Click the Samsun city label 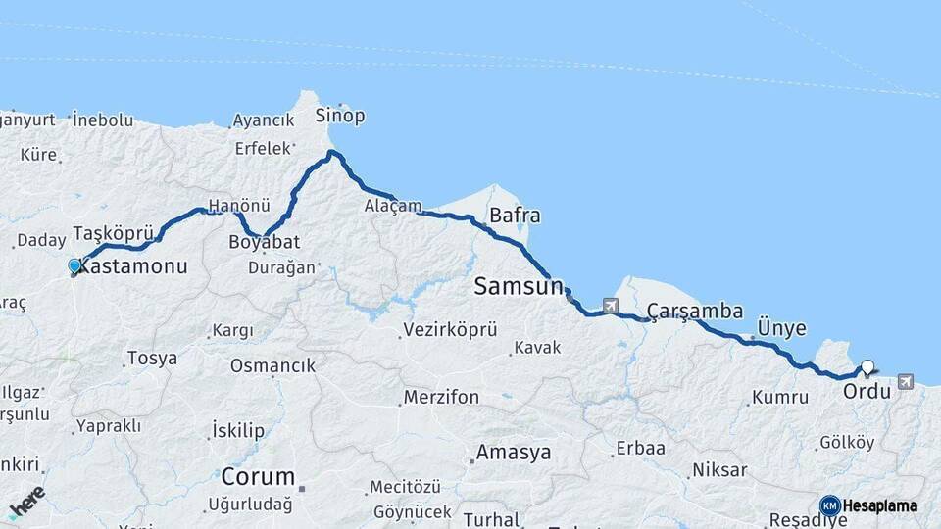pos(519,286)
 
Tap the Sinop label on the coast pos(339,116)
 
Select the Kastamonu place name pos(131,265)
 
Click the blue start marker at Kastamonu pos(74,264)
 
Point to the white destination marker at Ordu pos(867,367)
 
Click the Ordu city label pos(867,391)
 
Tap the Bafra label pos(515,215)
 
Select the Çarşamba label pos(695,312)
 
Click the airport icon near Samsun pos(612,306)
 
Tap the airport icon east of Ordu pos(904,381)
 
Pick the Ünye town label pos(782,328)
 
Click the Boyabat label pos(264,241)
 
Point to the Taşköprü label pos(114,233)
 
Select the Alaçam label pos(393,207)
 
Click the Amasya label pos(513,453)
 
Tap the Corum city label pos(258,477)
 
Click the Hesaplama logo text pos(879,505)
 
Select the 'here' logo pos(26,501)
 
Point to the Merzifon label pos(439,398)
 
